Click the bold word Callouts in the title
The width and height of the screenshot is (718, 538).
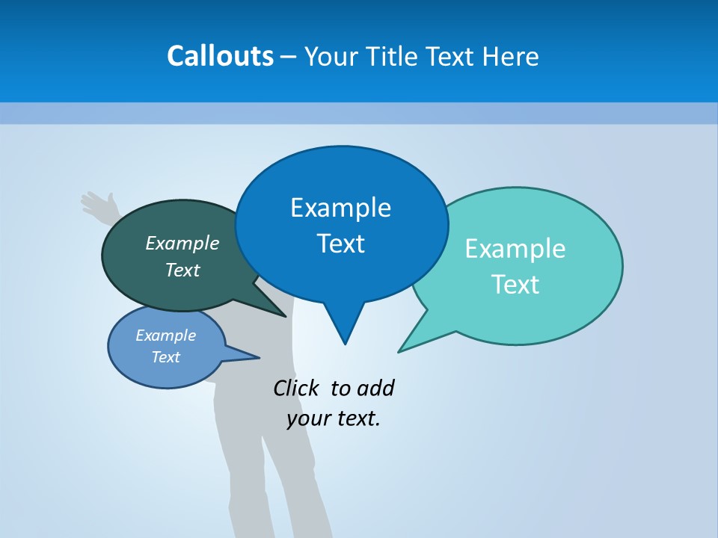(x=220, y=56)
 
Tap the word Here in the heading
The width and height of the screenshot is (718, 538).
(x=512, y=56)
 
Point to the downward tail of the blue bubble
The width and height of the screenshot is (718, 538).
(x=345, y=329)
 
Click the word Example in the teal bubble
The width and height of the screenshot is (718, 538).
(x=515, y=249)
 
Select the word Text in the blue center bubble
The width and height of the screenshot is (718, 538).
(x=341, y=244)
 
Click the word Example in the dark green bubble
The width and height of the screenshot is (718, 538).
(x=182, y=243)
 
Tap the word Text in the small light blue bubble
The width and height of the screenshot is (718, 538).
(x=166, y=357)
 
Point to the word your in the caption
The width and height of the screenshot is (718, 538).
(x=308, y=418)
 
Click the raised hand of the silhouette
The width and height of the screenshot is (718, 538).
(x=98, y=203)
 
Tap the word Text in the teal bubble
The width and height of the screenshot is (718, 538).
(x=516, y=285)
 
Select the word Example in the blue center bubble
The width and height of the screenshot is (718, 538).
(x=341, y=208)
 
